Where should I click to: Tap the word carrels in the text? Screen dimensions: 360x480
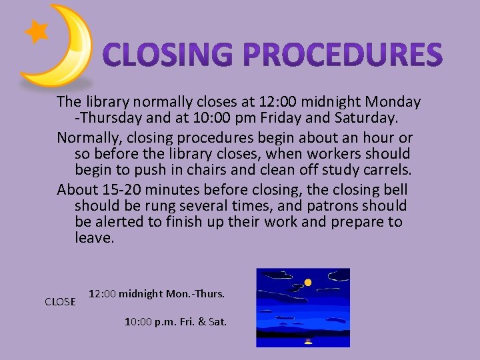[x=387, y=170]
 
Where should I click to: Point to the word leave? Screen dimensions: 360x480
[x=95, y=238]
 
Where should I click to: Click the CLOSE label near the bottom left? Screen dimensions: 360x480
[x=60, y=301]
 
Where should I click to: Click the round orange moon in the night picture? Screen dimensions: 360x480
[x=308, y=282]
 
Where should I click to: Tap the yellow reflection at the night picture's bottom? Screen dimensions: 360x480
[x=308, y=340]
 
